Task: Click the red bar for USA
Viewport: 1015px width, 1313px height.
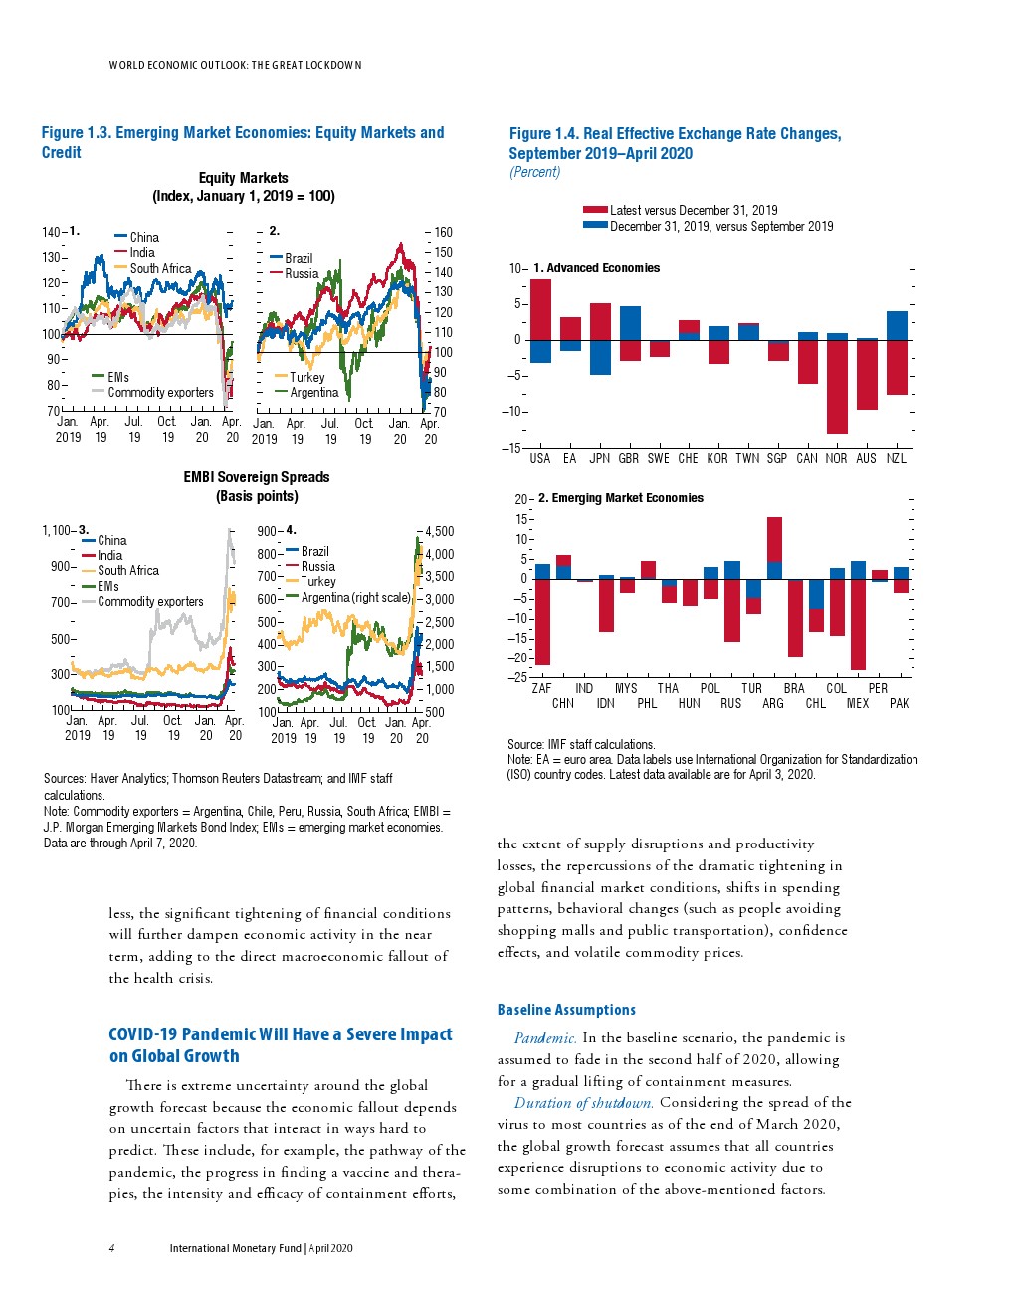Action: point(540,308)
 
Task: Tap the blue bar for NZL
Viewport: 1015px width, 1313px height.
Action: point(897,325)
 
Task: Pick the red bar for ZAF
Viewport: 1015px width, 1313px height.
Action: point(542,622)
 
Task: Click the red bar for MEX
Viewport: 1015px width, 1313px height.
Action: point(858,624)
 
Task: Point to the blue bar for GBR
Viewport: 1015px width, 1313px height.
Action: point(630,322)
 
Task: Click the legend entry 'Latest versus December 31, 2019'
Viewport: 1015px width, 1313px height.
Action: point(694,210)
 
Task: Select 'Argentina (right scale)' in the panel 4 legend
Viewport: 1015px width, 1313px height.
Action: point(355,597)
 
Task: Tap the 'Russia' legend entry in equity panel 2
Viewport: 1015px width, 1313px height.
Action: point(302,273)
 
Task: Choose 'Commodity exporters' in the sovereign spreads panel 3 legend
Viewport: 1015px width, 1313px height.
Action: point(150,601)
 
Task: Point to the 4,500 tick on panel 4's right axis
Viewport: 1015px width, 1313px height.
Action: point(440,531)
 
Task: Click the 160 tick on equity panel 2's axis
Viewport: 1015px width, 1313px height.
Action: point(444,232)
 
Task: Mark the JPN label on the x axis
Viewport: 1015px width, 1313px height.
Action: point(599,458)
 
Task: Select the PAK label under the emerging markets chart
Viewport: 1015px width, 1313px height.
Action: point(900,703)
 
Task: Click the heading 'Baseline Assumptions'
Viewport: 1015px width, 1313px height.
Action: point(566,1010)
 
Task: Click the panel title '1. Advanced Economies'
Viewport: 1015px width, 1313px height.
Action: point(596,268)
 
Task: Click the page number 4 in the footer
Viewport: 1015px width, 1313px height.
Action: point(111,1248)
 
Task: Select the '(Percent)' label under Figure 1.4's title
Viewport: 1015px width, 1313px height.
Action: point(535,172)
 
